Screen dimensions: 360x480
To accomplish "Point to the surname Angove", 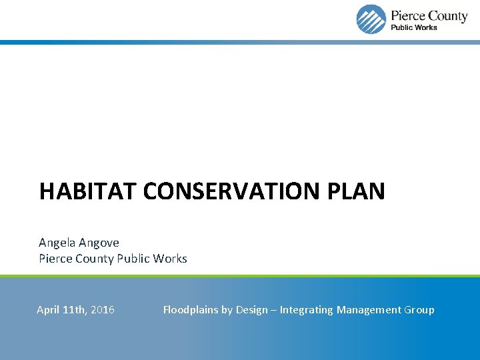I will click(x=99, y=243).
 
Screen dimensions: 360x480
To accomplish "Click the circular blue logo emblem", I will click(x=371, y=19).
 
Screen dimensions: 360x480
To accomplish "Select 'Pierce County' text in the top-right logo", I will click(x=429, y=15).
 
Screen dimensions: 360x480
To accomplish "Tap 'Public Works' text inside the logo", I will click(x=413, y=27).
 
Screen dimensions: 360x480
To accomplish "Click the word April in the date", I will click(x=48, y=310).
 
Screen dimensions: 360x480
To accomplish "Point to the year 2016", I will click(x=102, y=310).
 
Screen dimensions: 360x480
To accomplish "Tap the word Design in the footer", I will click(x=252, y=310).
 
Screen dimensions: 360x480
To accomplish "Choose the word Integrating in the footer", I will click(x=306, y=310).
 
